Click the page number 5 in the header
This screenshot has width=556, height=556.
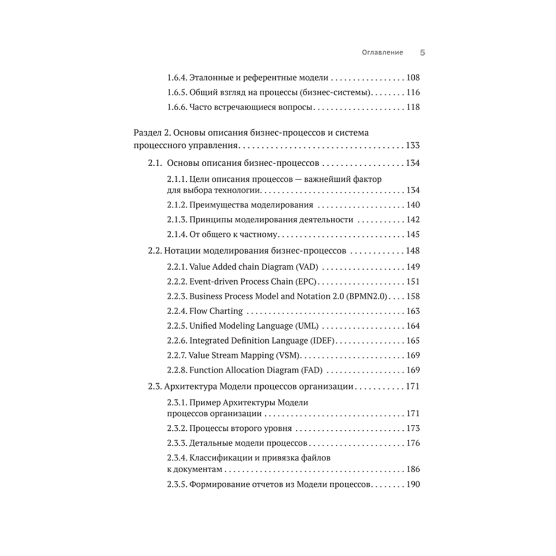pyautogui.click(x=422, y=53)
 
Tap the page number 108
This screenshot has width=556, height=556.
pyautogui.click(x=413, y=78)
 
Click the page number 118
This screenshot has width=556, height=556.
pyautogui.click(x=413, y=107)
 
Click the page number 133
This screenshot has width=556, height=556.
pyautogui.click(x=413, y=146)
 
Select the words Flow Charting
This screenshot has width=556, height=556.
pyautogui.click(x=216, y=311)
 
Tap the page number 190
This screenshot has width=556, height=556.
pyautogui.click(x=413, y=484)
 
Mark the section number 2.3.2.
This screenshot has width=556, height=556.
pyautogui.click(x=177, y=429)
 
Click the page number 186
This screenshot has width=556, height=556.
pyautogui.click(x=413, y=470)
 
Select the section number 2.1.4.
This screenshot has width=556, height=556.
pyautogui.click(x=177, y=234)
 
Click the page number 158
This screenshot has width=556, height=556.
pyautogui.click(x=413, y=296)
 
